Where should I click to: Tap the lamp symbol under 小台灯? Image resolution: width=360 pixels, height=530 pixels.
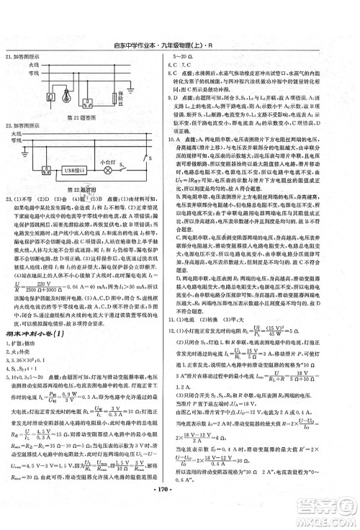click(x=109, y=172)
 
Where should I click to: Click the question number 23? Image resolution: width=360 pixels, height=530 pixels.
click(x=9, y=198)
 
